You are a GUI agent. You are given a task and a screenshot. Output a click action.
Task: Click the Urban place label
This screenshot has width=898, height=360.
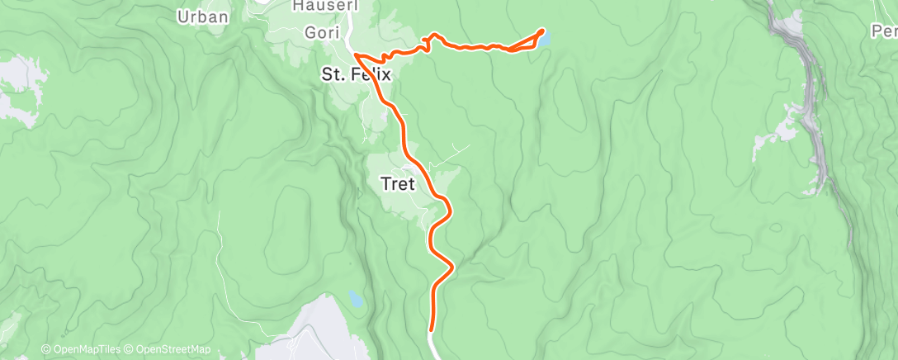coord(202,16)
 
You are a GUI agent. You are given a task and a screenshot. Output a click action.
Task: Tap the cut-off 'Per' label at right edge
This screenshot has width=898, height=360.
coord(884,31)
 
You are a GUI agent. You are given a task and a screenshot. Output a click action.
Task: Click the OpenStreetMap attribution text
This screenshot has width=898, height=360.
coord(173,349)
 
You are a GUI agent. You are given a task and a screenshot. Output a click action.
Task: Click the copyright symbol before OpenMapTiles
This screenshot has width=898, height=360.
coord(45,349)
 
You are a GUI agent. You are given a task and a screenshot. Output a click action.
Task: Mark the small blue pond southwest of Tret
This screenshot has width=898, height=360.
coord(355,297)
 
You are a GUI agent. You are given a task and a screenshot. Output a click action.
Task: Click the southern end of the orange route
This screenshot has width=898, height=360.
coord(431,329)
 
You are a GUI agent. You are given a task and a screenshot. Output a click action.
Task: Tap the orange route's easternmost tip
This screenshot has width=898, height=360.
coord(542,31)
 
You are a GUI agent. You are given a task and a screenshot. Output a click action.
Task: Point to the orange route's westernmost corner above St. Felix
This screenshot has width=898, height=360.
coord(357,54)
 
